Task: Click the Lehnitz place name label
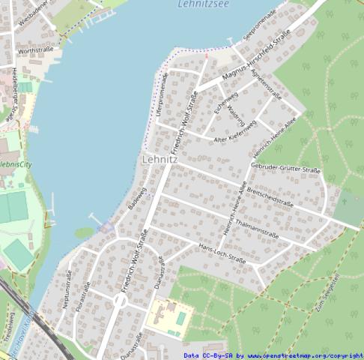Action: click(160, 160)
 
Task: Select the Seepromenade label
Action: click(260, 25)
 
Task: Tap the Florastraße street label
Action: click(84, 295)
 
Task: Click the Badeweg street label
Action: click(135, 197)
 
